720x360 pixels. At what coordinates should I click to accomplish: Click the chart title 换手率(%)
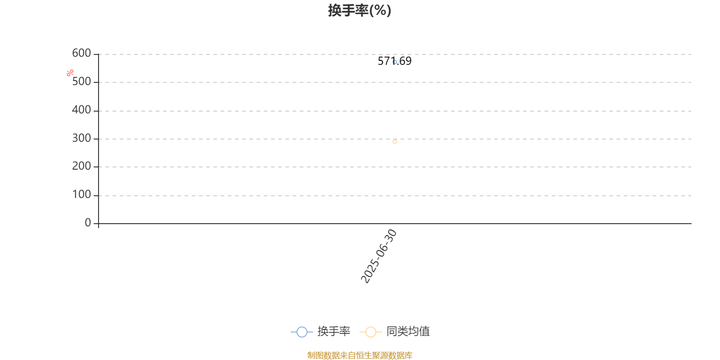(360, 10)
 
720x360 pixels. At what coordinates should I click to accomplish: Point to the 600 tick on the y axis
(81, 53)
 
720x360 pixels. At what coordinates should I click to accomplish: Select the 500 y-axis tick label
(81, 81)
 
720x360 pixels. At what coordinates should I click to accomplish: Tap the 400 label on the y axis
(81, 110)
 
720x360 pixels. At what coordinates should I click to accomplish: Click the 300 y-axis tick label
(81, 138)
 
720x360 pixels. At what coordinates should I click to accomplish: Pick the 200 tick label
(81, 166)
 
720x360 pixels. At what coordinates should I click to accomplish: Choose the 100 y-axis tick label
(81, 194)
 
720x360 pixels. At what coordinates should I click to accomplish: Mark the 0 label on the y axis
(88, 222)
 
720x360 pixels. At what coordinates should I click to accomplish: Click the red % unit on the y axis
(70, 73)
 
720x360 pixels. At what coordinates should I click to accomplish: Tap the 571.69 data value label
(394, 61)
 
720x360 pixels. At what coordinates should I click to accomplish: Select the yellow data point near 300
(395, 141)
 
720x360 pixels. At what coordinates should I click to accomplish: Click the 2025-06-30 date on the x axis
(378, 256)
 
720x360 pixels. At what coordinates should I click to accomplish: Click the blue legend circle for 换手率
(302, 332)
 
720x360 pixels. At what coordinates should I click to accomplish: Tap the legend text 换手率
(333, 331)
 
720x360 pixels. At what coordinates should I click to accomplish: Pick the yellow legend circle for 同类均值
(371, 332)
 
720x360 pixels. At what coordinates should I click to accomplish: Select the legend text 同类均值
(408, 331)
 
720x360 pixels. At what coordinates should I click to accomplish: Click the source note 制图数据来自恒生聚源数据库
(360, 355)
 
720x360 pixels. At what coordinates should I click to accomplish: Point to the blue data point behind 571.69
(395, 62)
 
